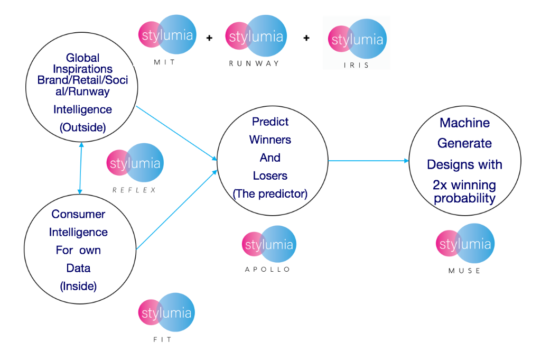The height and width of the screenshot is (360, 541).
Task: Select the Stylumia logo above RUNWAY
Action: click(256, 36)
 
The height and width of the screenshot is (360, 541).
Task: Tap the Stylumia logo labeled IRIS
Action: click(358, 39)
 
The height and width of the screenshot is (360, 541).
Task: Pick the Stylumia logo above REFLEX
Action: click(135, 163)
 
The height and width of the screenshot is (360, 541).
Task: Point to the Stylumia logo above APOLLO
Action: click(269, 244)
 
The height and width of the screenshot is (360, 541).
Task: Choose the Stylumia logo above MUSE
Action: click(465, 244)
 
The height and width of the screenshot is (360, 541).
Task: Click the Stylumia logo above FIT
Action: click(166, 312)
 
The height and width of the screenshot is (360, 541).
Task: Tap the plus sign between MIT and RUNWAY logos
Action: click(209, 38)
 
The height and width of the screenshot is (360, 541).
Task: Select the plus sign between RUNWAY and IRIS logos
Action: click(306, 38)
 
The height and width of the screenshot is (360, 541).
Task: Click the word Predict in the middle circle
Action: click(270, 122)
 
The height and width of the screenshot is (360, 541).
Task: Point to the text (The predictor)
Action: click(270, 193)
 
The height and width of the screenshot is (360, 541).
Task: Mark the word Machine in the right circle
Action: click(465, 123)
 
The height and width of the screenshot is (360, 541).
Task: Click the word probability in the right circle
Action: click(465, 198)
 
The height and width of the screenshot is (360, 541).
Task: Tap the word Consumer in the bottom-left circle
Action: click(78, 214)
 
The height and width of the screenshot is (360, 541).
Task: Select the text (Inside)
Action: click(78, 286)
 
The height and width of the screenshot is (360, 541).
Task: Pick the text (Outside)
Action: click(83, 127)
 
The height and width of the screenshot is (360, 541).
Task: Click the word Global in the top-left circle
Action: click(83, 58)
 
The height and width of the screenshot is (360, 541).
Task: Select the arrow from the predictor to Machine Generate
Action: click(368, 161)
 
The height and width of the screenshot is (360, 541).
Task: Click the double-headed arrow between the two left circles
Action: click(80, 168)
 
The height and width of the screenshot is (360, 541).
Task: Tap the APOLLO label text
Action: click(268, 270)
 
